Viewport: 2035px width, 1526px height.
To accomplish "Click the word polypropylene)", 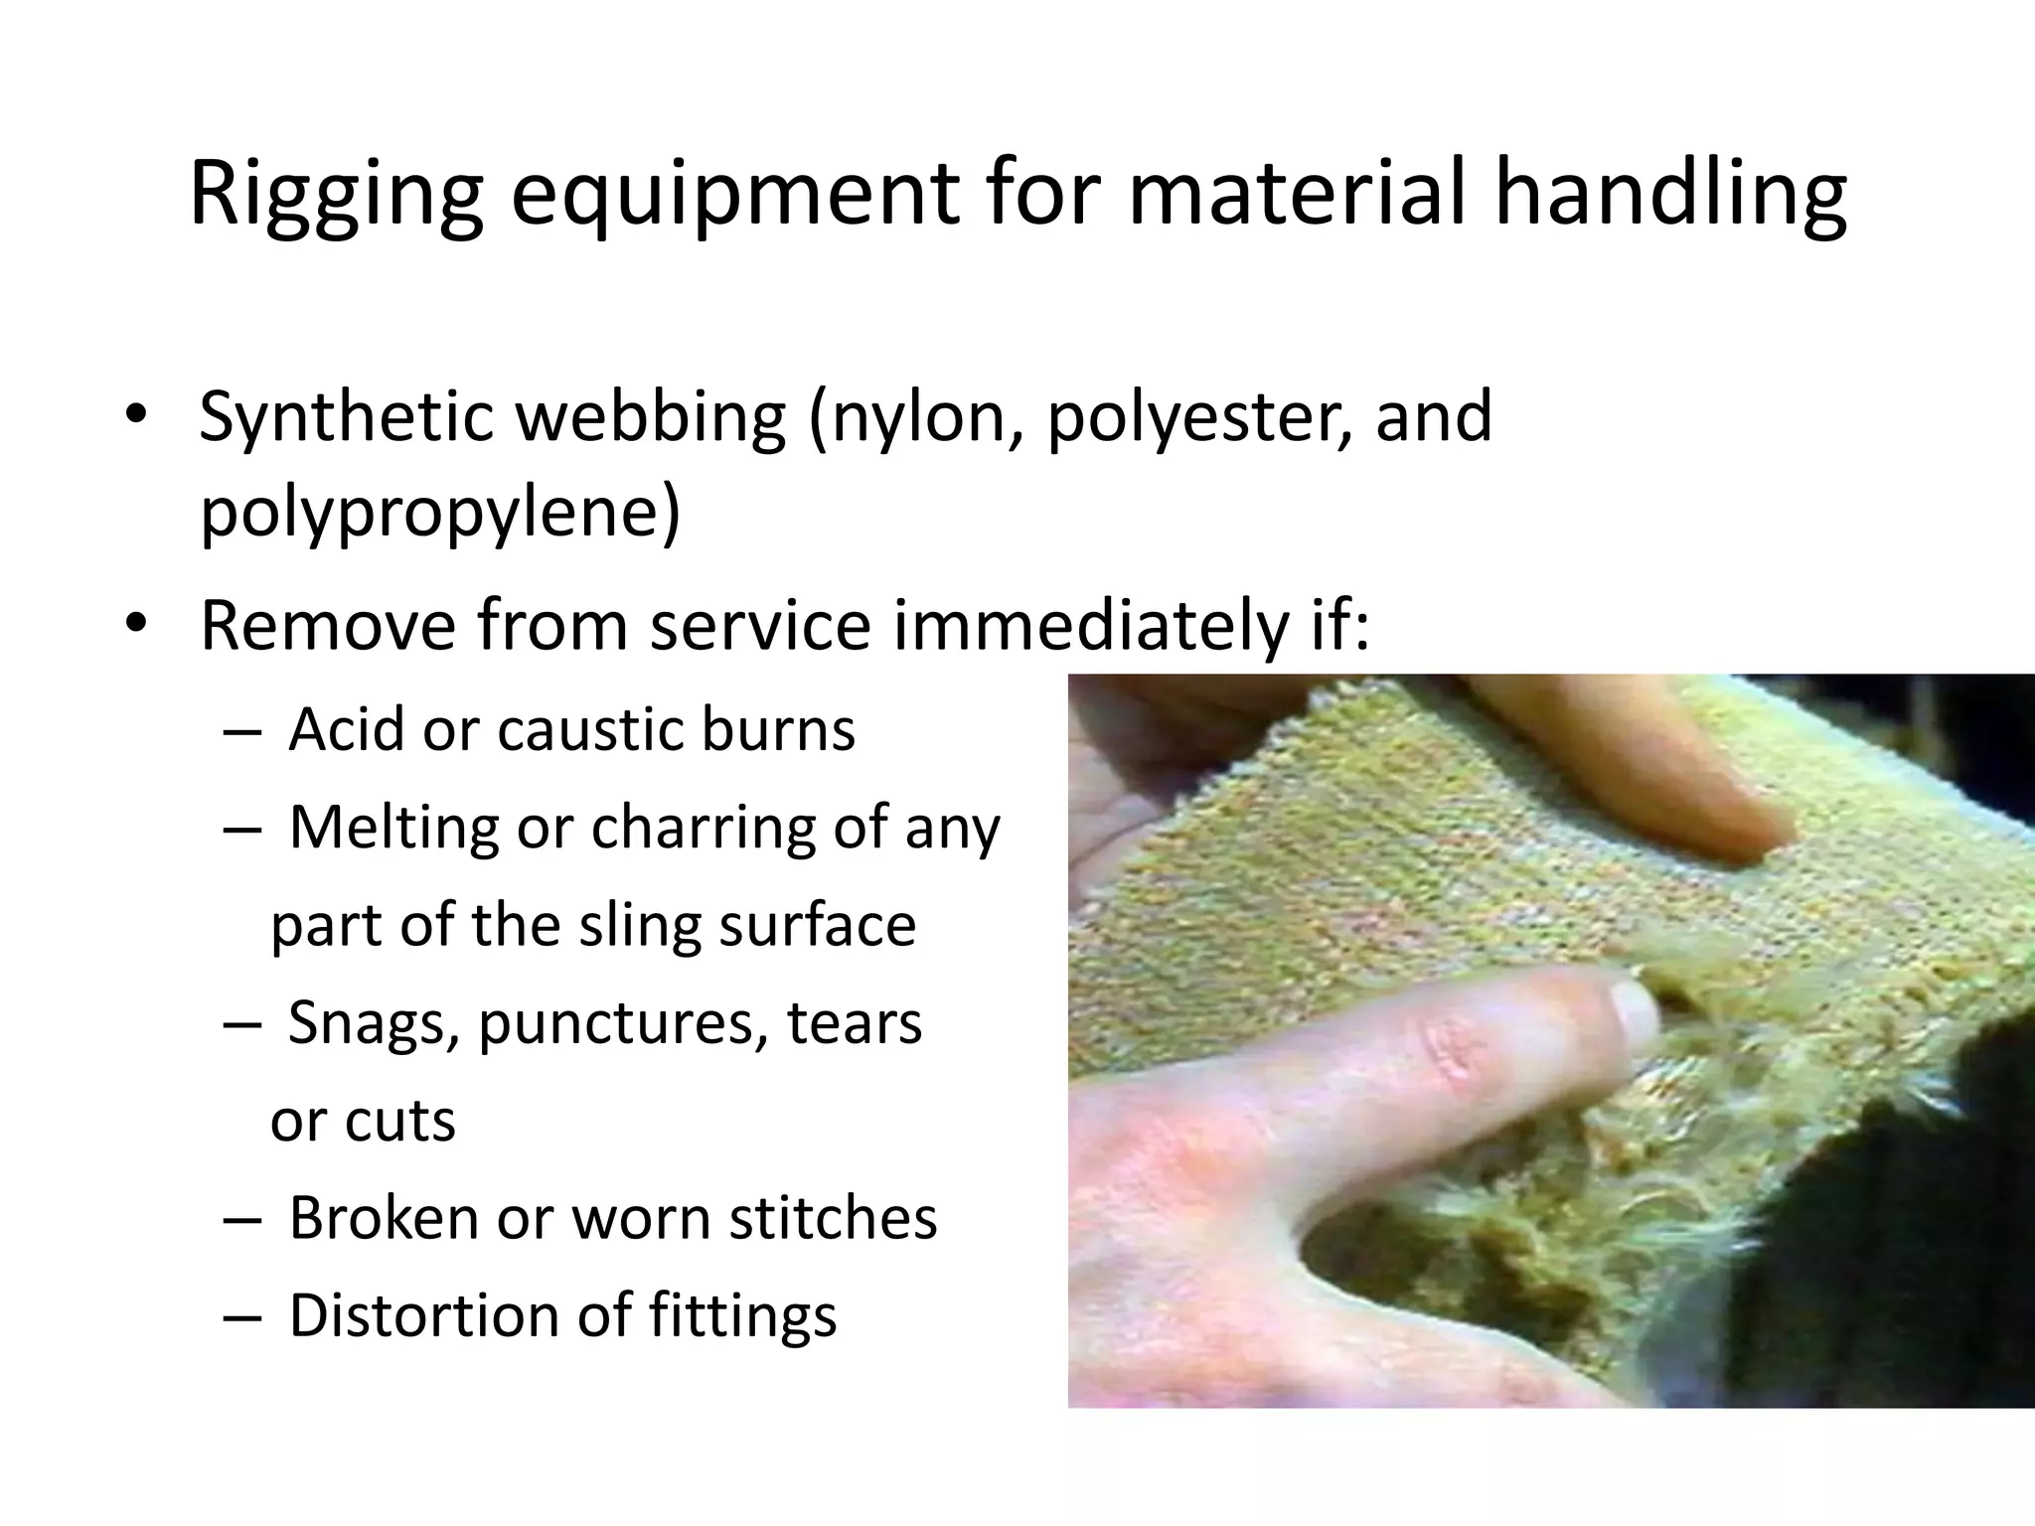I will click(x=440, y=513).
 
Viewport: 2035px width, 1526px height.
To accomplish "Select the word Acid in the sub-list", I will click(x=347, y=730).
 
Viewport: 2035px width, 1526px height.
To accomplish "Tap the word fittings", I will click(x=742, y=1315).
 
